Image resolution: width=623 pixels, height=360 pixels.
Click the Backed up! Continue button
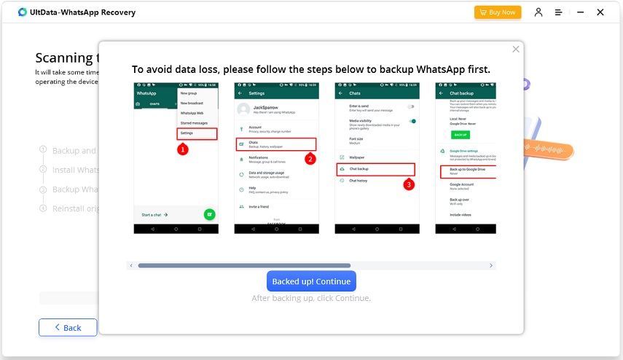(x=311, y=281)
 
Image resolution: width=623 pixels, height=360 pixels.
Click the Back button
(x=68, y=327)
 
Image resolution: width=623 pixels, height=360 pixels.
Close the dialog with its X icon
(x=516, y=49)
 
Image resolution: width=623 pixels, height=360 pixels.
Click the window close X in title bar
(x=600, y=12)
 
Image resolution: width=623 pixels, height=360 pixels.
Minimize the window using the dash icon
(x=579, y=12)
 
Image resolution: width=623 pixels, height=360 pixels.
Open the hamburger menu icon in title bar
(x=558, y=12)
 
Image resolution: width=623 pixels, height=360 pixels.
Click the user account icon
(x=538, y=12)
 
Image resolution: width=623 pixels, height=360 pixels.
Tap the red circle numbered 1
(x=183, y=149)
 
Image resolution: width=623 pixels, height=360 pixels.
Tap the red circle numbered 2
(x=310, y=159)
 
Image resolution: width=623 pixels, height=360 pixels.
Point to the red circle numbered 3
(x=409, y=184)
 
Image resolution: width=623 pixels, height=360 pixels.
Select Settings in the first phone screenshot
(x=197, y=133)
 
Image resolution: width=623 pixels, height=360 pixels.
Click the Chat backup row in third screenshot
(x=375, y=169)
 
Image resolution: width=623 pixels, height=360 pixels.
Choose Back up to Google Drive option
(x=467, y=171)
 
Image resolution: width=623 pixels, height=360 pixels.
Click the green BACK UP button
(x=461, y=135)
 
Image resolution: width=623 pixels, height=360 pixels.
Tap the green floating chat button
(x=209, y=214)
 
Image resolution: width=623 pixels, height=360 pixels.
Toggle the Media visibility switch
(x=412, y=121)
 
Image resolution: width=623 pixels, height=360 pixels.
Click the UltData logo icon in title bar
(x=23, y=12)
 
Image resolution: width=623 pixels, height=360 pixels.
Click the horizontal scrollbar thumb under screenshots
(x=244, y=265)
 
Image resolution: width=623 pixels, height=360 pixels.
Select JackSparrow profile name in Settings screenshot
(x=263, y=106)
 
